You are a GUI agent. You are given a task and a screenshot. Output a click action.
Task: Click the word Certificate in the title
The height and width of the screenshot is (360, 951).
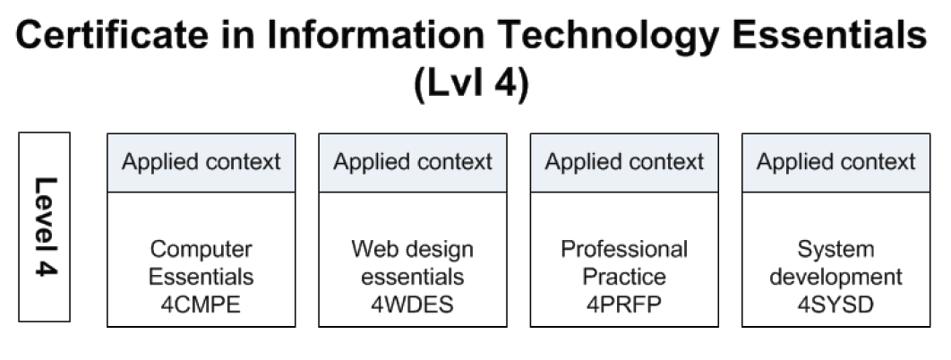[x=112, y=35]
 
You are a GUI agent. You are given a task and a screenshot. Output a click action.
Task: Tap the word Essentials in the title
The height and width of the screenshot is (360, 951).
[x=829, y=35]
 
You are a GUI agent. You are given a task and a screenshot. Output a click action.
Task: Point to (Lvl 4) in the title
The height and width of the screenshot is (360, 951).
[x=471, y=84]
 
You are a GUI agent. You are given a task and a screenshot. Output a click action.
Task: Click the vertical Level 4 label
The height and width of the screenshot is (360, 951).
[x=46, y=227]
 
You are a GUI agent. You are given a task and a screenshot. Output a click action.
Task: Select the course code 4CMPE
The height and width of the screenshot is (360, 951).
[x=201, y=304]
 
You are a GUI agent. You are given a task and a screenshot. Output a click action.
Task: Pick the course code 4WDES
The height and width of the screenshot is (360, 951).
[x=413, y=304]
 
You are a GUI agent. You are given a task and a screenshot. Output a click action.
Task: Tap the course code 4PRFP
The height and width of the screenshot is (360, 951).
[x=624, y=304]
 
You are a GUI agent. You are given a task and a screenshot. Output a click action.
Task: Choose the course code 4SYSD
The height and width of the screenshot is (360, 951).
[x=835, y=304]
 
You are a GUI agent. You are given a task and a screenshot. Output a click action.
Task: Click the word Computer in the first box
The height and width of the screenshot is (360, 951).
[x=201, y=250]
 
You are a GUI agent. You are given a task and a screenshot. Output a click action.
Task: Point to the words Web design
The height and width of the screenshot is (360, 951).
[x=413, y=250]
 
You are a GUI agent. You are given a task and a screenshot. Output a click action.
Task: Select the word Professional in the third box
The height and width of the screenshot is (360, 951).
[x=624, y=248]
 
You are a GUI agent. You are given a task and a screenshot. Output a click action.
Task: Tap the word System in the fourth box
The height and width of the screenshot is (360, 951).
[x=835, y=250]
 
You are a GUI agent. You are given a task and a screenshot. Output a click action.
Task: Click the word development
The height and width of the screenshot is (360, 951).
[x=835, y=278]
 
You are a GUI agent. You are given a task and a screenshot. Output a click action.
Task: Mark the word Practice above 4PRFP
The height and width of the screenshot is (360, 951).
[x=624, y=277]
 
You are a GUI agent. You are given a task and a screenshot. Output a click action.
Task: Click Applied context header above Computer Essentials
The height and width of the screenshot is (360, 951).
[x=201, y=162]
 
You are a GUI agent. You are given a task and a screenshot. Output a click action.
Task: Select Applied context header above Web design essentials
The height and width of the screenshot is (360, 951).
[x=413, y=162]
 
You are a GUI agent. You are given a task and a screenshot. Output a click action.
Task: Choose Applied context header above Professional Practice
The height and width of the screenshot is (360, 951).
[x=624, y=162]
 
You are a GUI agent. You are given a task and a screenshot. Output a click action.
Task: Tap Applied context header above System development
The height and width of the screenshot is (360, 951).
[x=835, y=162]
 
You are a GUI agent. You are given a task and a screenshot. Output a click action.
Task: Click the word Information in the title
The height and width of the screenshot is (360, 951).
[x=375, y=35]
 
